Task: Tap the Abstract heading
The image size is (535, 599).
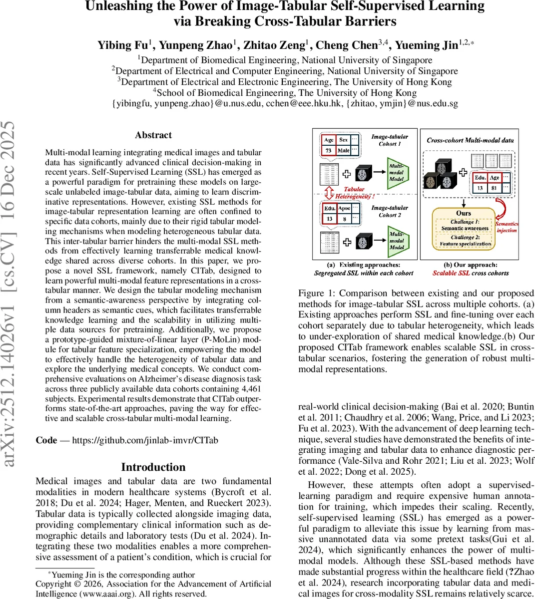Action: (153, 135)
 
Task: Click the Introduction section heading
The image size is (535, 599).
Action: (153, 467)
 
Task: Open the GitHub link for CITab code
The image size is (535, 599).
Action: (145, 440)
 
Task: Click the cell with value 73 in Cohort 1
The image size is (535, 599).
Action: (329, 150)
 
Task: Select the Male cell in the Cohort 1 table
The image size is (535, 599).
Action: (343, 150)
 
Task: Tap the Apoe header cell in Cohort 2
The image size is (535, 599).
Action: (344, 208)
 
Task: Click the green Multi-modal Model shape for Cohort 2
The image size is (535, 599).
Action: (398, 240)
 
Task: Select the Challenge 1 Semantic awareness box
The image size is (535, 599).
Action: (465, 225)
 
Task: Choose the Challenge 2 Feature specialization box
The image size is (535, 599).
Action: (465, 241)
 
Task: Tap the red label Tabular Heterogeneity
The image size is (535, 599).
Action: (354, 193)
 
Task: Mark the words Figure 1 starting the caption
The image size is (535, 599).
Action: (315, 293)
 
